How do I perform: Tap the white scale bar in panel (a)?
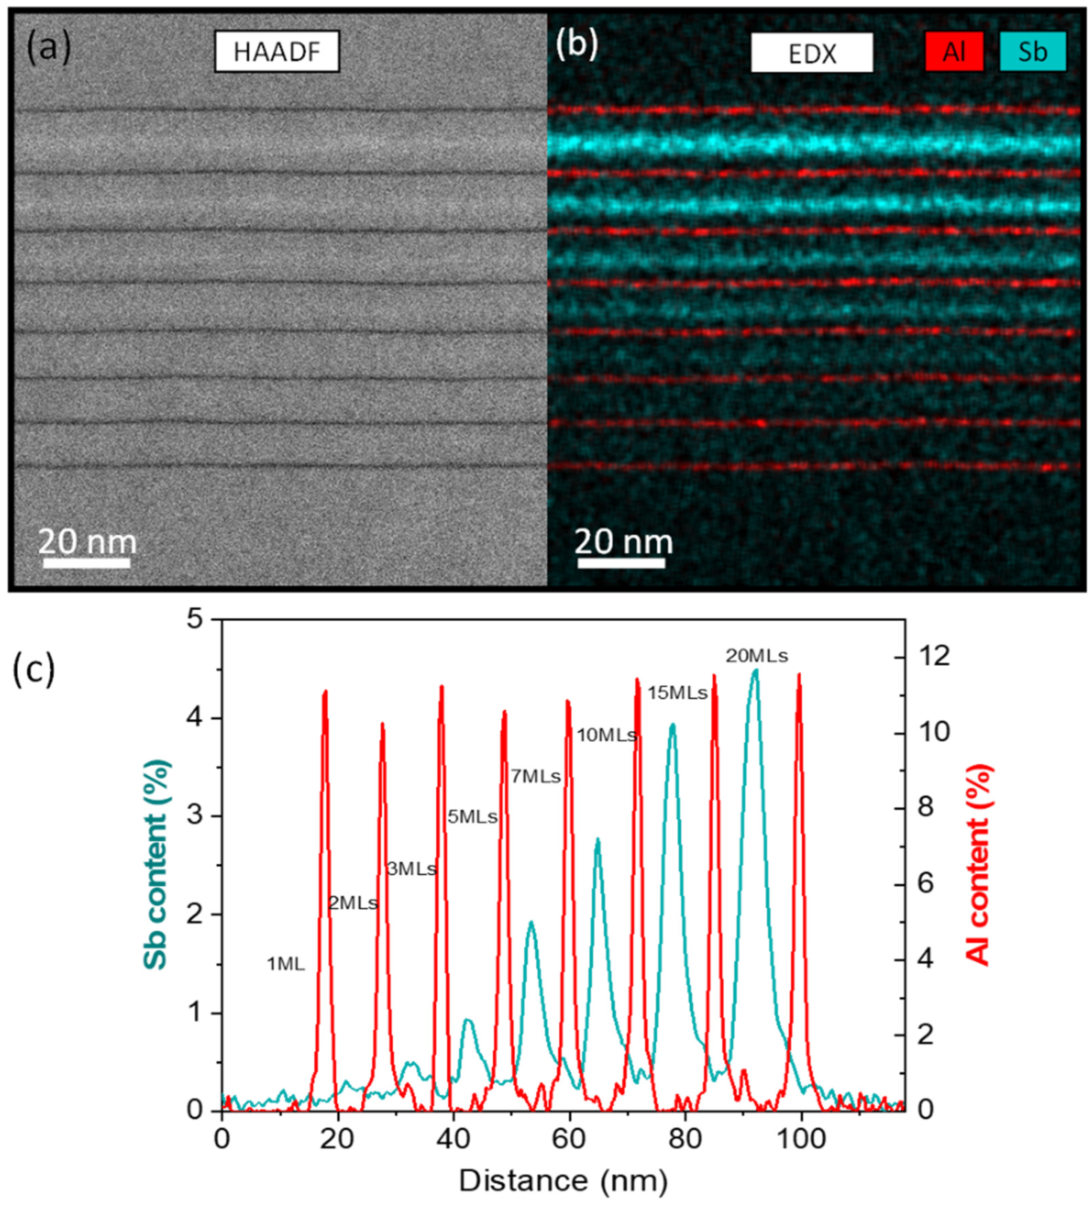pyautogui.click(x=87, y=563)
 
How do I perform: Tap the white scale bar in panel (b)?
pyautogui.click(x=621, y=563)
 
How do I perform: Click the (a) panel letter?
pyautogui.click(x=48, y=48)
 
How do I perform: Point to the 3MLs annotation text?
pyautogui.click(x=411, y=869)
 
